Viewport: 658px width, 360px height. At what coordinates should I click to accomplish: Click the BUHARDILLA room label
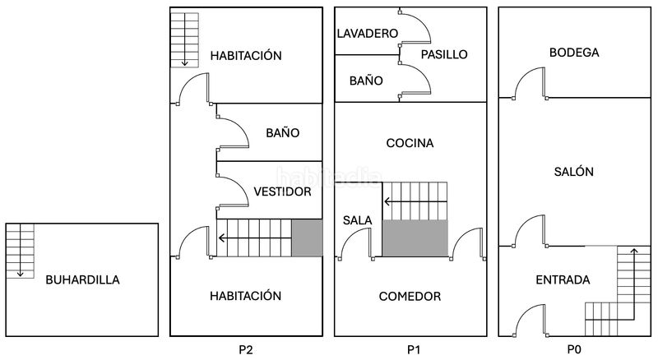pos(83,279)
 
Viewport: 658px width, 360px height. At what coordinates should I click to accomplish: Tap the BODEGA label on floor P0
pos(574,53)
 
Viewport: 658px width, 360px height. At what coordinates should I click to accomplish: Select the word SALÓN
pos(573,171)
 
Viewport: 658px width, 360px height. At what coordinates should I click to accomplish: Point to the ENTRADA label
pos(563,279)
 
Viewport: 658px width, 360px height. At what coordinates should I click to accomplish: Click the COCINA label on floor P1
pos(410,143)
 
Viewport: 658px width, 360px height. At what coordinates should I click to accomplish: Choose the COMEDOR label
pos(410,297)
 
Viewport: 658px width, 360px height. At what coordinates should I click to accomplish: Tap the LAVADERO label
pos(368,34)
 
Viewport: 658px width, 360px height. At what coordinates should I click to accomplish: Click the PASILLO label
pos(444,54)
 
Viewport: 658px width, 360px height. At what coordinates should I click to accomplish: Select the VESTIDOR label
pos(282,192)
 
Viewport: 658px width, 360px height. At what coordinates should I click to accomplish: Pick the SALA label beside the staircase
pos(357,220)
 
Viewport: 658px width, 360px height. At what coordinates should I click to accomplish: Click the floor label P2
pos(246,349)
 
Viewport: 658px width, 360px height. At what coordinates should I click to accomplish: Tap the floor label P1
pos(414,349)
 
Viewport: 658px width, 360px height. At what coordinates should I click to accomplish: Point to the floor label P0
pos(574,349)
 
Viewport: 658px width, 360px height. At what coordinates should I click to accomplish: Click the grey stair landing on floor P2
pos(307,238)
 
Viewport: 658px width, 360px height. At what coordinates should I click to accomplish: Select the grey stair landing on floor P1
pos(415,238)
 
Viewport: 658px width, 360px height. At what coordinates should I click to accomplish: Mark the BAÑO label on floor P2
pos(282,133)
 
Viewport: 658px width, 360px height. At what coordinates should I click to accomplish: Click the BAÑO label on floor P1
pos(366,81)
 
